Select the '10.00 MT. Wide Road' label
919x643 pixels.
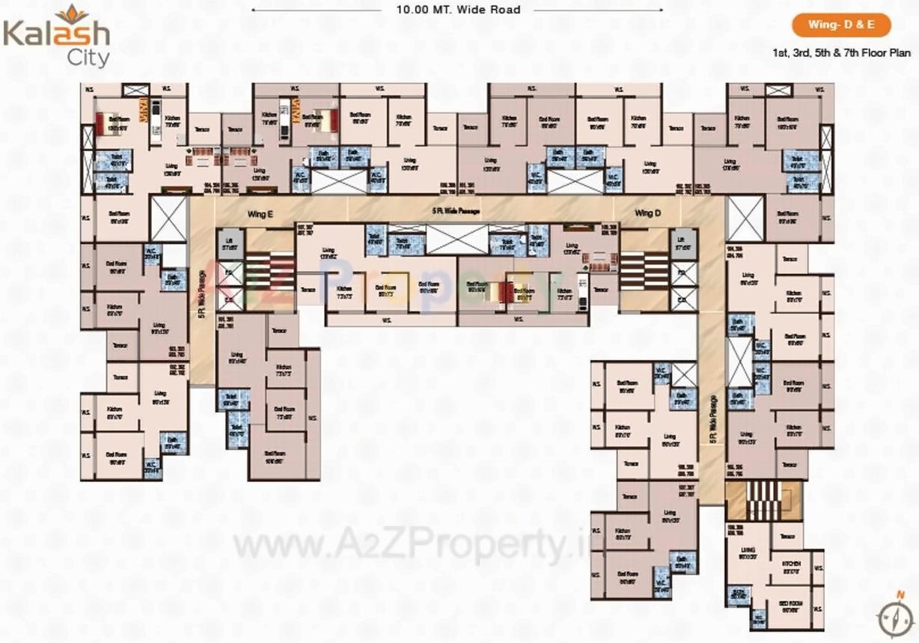[459, 10]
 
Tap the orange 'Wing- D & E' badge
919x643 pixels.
[842, 25]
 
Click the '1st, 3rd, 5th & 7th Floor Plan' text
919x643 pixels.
[841, 53]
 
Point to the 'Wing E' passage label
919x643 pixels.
[260, 213]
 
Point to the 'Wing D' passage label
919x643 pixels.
[648, 213]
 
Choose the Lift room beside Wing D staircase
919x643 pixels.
[682, 242]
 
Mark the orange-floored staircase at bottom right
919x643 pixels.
[763, 500]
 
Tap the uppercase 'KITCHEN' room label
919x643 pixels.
[791, 564]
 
